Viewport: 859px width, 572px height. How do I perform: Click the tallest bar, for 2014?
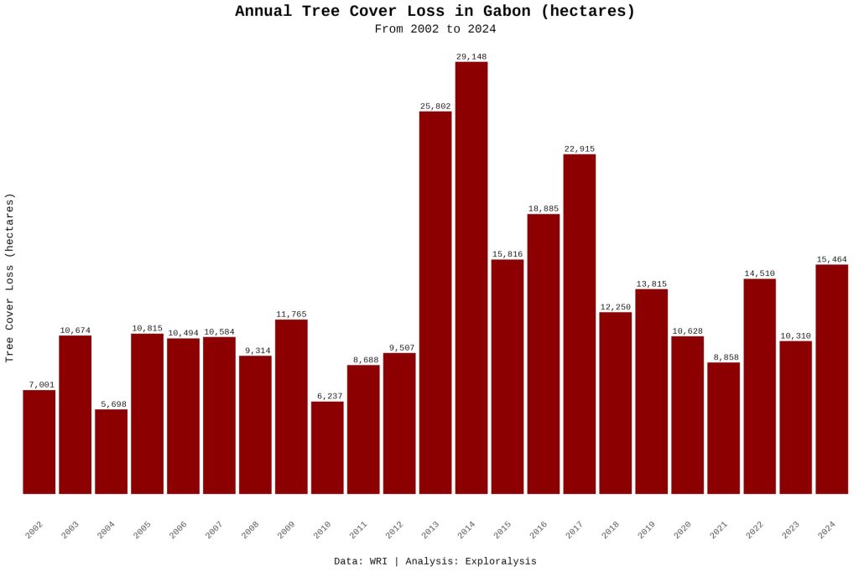coord(471,278)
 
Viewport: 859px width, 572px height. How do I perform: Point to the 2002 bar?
coord(39,442)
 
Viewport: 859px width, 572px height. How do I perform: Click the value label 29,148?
coord(471,56)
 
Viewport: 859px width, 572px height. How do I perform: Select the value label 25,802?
coord(435,107)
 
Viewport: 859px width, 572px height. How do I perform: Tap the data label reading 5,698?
coord(111,404)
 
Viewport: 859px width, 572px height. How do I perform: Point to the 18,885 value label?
coord(544,209)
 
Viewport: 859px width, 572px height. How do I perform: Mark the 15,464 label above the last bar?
coord(831,259)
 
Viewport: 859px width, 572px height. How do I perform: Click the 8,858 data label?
coord(723,357)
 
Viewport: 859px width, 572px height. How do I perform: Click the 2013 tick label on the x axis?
coord(430,529)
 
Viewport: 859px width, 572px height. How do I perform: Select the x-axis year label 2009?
coord(286,529)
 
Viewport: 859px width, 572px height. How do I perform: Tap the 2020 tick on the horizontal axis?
coord(682,529)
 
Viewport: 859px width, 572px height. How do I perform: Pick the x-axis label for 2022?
coord(754,529)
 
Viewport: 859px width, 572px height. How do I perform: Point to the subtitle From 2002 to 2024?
coord(435,29)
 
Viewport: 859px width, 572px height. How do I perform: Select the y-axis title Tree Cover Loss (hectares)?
coord(10,278)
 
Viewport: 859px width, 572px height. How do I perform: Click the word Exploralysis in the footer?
coord(495,561)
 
